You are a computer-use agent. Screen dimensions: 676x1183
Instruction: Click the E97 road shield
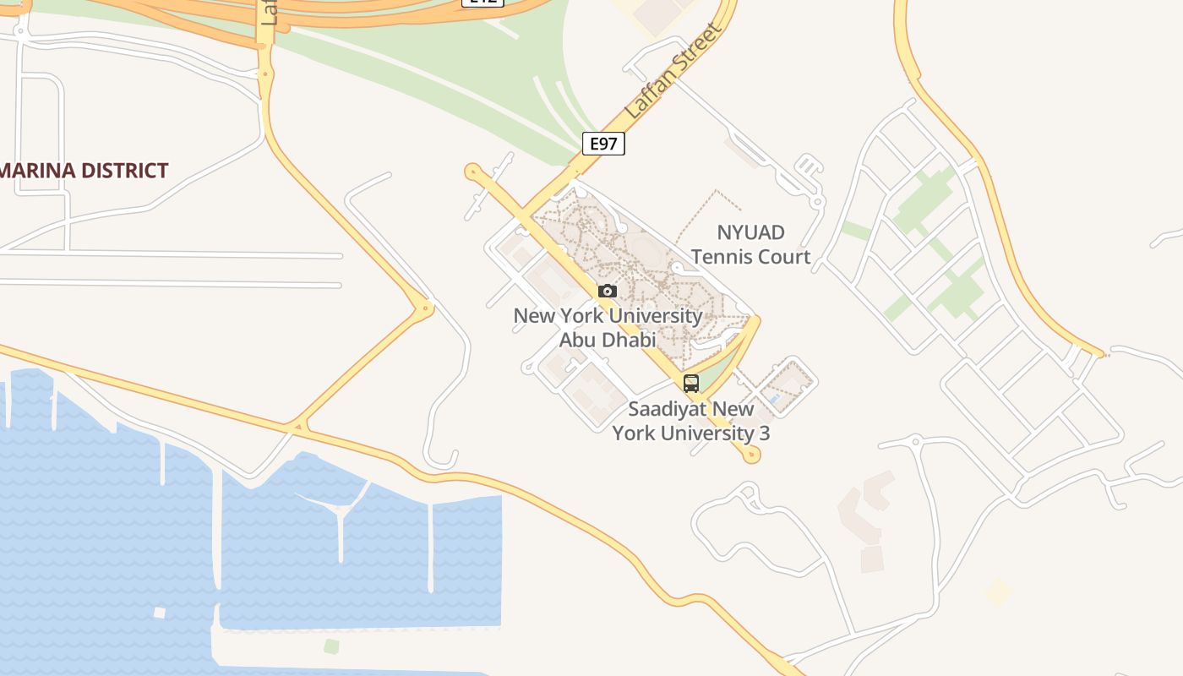[603, 144]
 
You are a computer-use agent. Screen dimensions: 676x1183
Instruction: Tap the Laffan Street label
[673, 71]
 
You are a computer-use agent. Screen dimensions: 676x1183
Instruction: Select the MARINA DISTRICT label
[84, 171]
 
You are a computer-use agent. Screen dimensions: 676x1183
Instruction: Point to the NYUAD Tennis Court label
[750, 244]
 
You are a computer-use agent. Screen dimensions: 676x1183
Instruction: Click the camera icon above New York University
[607, 292]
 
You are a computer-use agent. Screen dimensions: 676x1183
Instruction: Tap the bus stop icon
[691, 384]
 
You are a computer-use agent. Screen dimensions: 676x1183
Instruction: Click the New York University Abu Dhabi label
[608, 328]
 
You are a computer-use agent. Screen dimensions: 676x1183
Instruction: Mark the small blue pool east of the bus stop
[773, 397]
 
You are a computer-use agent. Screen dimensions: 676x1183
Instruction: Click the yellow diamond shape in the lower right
[999, 592]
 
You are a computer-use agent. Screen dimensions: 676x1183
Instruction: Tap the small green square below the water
[331, 646]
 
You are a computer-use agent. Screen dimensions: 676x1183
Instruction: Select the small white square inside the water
[159, 613]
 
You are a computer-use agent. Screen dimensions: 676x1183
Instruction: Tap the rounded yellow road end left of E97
[472, 172]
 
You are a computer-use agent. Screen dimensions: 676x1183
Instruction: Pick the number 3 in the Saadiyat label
[764, 433]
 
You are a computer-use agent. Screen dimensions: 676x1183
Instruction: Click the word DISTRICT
[126, 171]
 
